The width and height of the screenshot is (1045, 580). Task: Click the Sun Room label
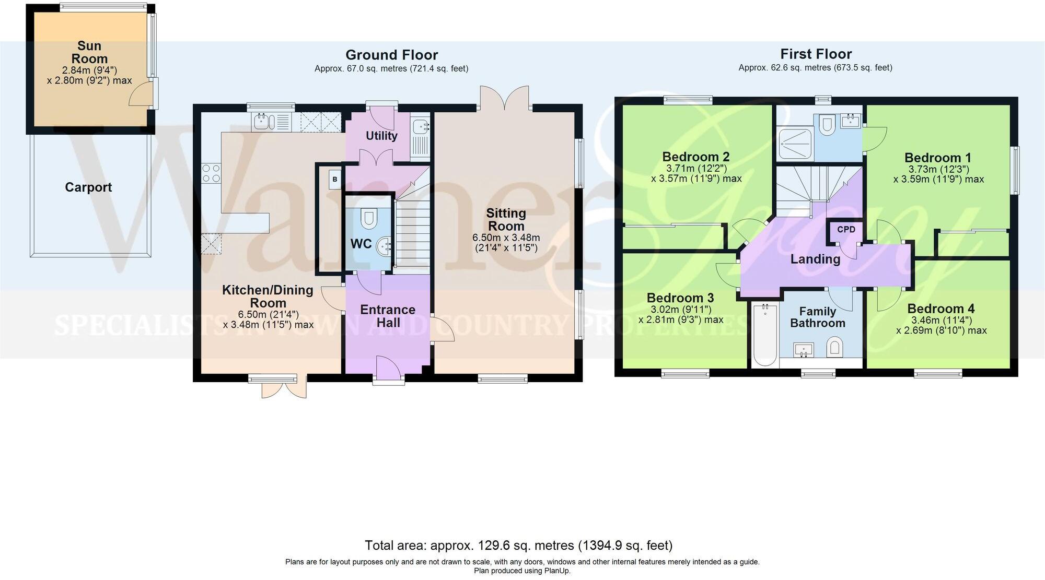89,52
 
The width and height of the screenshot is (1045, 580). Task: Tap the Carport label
88,187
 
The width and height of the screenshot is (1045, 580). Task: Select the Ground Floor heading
391,55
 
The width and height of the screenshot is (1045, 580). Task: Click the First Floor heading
816,54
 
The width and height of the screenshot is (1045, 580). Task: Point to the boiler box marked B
335,180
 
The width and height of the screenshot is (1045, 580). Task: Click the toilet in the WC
369,218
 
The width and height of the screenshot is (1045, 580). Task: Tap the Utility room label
381,136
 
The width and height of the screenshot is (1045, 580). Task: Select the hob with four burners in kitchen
211,173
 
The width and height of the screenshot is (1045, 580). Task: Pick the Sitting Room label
506,219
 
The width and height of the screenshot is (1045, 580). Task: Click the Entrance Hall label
388,316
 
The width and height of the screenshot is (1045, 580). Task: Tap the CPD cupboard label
846,229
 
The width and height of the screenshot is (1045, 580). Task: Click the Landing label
815,259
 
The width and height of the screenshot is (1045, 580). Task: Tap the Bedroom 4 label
940,309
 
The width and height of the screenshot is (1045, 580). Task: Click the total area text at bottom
518,546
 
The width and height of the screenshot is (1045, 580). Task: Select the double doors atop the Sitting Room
505,99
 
